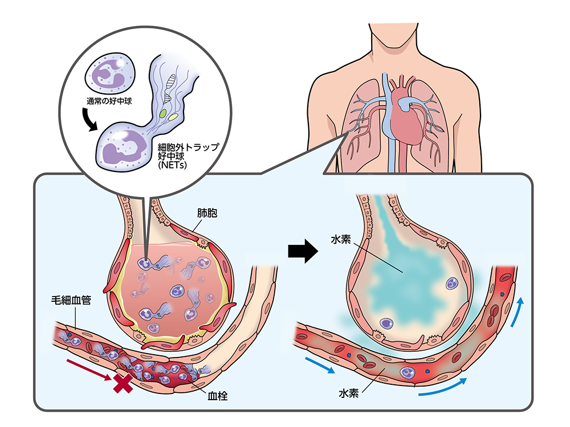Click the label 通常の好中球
[x=109, y=101]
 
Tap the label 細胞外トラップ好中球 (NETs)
[x=188, y=156]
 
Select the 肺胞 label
[x=207, y=213]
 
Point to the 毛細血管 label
[x=71, y=300]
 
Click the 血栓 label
[x=218, y=396]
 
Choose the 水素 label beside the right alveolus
[x=341, y=239]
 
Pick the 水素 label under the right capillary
[x=349, y=393]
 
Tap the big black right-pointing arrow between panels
[x=303, y=251]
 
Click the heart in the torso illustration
[x=407, y=116]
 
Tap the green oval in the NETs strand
[x=163, y=113]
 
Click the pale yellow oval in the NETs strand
[x=173, y=117]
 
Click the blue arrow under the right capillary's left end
[x=320, y=366]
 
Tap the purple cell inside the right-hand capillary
[x=408, y=372]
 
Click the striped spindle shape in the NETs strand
[x=170, y=87]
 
